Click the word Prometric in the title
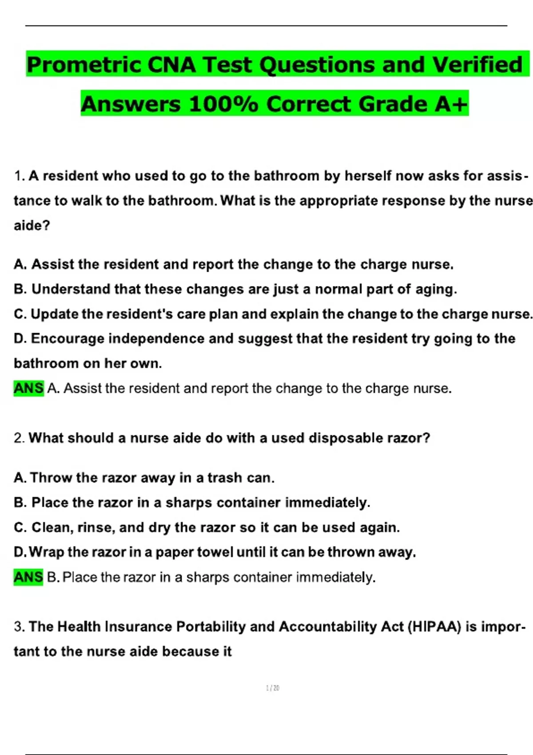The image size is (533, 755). coord(84,65)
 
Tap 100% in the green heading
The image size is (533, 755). coord(223,104)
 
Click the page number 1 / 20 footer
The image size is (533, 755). coord(272,688)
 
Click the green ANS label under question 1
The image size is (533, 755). coord(28,388)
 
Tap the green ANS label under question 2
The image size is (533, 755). coord(28,577)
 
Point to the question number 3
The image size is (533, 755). coord(19,627)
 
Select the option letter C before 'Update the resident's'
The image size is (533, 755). coord(20,314)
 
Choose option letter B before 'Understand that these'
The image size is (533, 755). coord(20,289)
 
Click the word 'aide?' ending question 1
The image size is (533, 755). coord(32,226)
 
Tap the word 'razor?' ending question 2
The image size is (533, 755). coord(409,438)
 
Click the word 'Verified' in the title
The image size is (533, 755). coord(477,65)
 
